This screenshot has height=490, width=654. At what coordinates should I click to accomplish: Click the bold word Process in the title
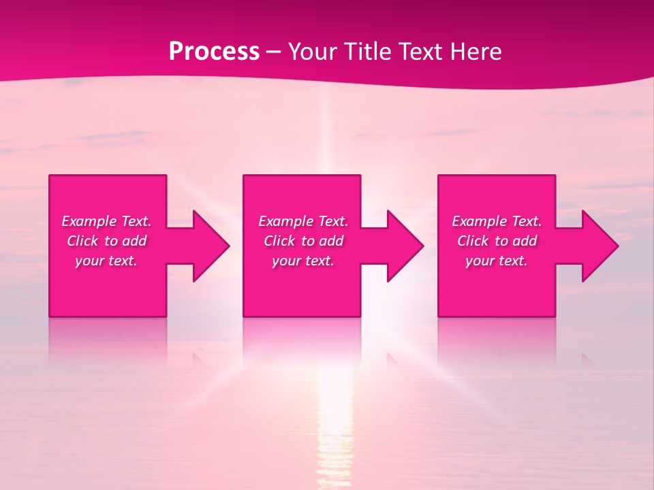(214, 52)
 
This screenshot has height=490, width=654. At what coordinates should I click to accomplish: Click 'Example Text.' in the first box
(107, 221)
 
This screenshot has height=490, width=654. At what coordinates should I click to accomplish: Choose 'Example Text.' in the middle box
(303, 221)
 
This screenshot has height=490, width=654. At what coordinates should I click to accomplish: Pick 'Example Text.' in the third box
(497, 221)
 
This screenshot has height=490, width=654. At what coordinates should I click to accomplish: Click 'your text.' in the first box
(106, 261)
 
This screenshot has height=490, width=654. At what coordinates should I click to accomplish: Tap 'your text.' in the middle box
(302, 261)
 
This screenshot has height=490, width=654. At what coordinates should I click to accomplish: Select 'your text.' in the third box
(496, 261)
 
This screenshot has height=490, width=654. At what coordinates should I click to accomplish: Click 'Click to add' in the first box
(107, 241)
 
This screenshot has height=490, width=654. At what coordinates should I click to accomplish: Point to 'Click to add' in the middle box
(303, 241)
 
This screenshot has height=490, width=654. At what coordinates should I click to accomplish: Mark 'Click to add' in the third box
(497, 241)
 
